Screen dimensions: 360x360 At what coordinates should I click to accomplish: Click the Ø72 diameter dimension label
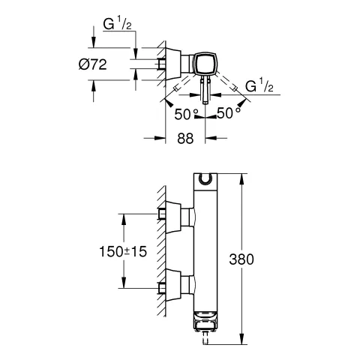point(93,64)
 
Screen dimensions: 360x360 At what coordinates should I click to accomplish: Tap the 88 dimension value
point(185,138)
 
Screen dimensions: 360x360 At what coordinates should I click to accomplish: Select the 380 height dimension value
point(241,259)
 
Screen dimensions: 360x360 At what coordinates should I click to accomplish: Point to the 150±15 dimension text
point(123,251)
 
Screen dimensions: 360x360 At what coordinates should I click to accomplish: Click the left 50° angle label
point(186,114)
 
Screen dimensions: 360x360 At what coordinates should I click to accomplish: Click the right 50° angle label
point(228,113)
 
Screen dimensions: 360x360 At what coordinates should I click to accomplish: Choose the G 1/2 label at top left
point(117,24)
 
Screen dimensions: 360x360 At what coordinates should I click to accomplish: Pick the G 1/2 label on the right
point(259,85)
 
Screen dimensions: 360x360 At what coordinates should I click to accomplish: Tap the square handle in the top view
point(205,64)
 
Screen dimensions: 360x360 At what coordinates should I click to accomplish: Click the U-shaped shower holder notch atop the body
point(205,178)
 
